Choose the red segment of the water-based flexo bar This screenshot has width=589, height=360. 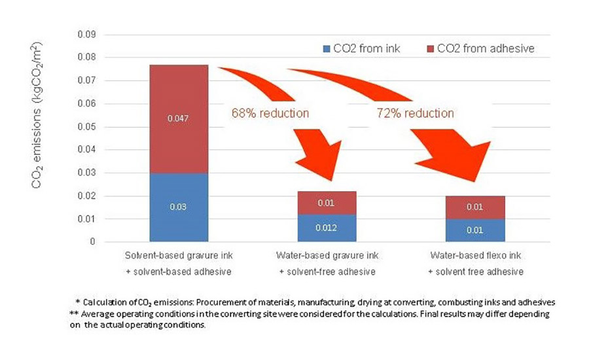[x=476, y=207]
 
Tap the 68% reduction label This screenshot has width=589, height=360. [x=270, y=113]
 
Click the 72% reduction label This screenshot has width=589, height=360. [x=416, y=113]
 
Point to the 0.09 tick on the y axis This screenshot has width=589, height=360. [x=86, y=34]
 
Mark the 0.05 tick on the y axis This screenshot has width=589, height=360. [x=86, y=126]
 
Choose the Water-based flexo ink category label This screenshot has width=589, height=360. [x=476, y=255]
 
